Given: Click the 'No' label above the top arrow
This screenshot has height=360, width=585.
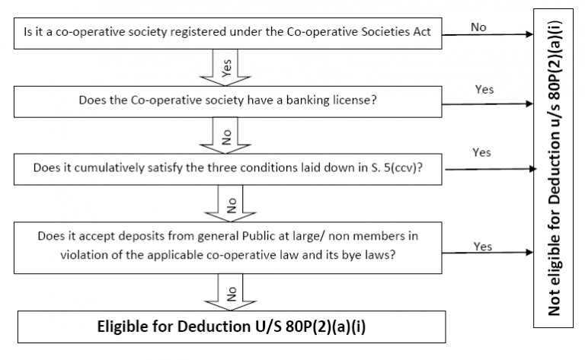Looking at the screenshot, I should [x=478, y=27].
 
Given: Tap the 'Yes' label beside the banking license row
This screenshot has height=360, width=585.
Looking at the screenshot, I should [x=484, y=90].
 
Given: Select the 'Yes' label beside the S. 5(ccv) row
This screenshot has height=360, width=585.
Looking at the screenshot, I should [x=481, y=153].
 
